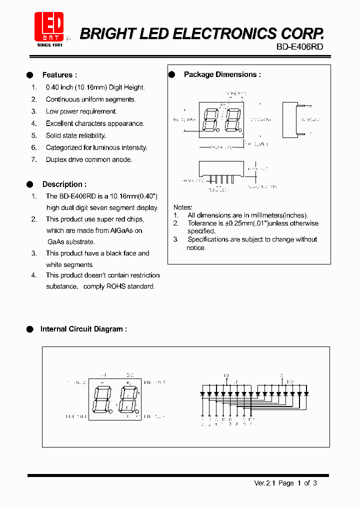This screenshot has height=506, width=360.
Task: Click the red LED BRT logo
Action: [x=48, y=26]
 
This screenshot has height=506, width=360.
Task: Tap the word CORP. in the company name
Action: [x=302, y=33]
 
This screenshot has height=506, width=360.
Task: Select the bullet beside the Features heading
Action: [x=29, y=75]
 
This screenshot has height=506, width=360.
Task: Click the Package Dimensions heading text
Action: [x=222, y=74]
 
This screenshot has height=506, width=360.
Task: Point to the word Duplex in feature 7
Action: [x=56, y=159]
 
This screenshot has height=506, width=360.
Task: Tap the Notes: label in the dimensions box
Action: [x=182, y=207]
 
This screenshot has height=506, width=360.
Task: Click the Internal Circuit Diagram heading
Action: [x=83, y=329]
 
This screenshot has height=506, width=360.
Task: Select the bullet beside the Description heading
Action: [x=29, y=184]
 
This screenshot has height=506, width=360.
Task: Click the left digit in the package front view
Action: [x=210, y=120]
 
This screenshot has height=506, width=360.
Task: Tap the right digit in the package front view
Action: [x=231, y=120]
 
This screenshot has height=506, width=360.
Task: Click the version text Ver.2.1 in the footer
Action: [x=265, y=483]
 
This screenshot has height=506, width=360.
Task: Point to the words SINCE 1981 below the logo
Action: [x=50, y=45]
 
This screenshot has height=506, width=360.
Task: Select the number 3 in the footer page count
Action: [x=315, y=483]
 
